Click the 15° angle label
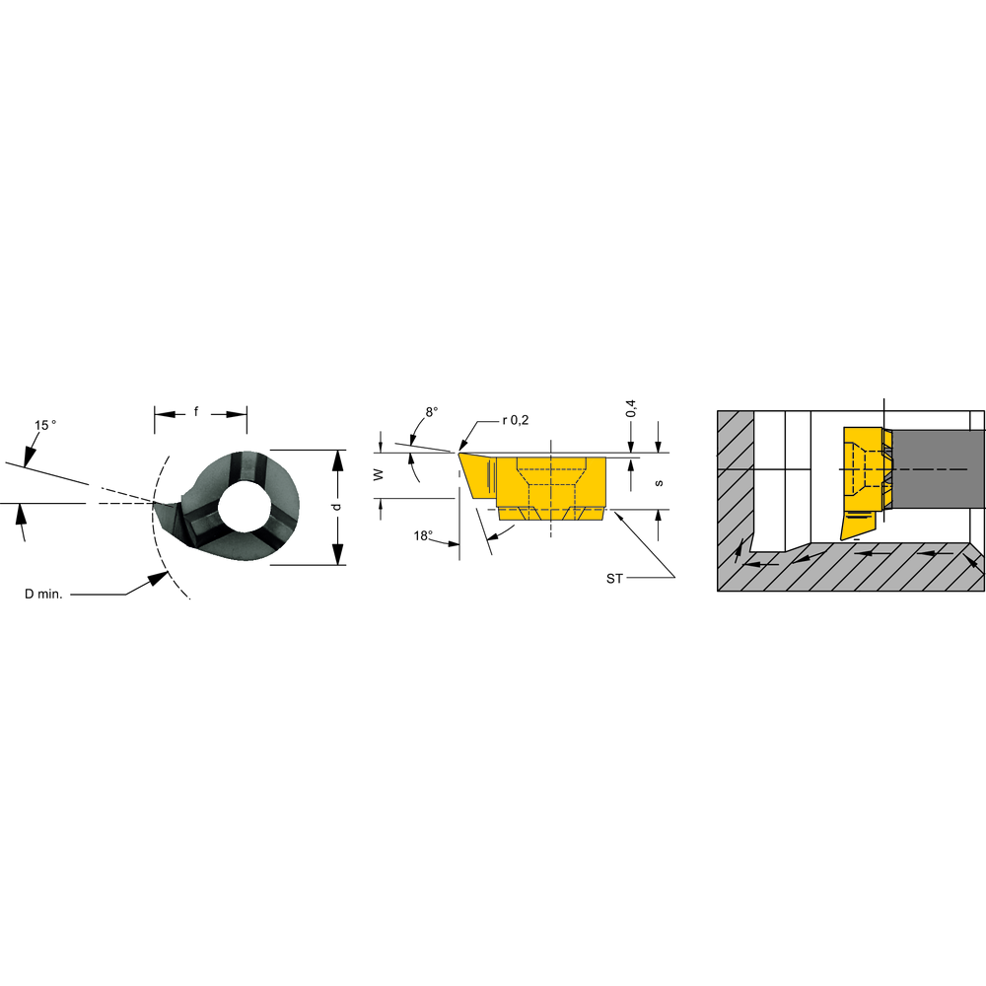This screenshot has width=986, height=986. tap(44, 425)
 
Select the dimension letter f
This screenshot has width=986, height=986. tap(196, 412)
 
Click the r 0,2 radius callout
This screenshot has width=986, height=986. tap(515, 420)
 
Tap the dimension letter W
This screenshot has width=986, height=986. tap(379, 474)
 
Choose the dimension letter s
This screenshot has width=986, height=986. tap(658, 482)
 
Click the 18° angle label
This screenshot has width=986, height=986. tap(423, 535)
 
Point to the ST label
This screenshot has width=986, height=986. tap(614, 578)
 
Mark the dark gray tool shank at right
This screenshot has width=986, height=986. tap(937, 469)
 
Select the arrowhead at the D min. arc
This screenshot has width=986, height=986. tap(158, 580)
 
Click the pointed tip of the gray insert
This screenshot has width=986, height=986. tap(154, 505)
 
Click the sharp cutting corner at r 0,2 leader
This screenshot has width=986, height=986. tap(458, 453)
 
